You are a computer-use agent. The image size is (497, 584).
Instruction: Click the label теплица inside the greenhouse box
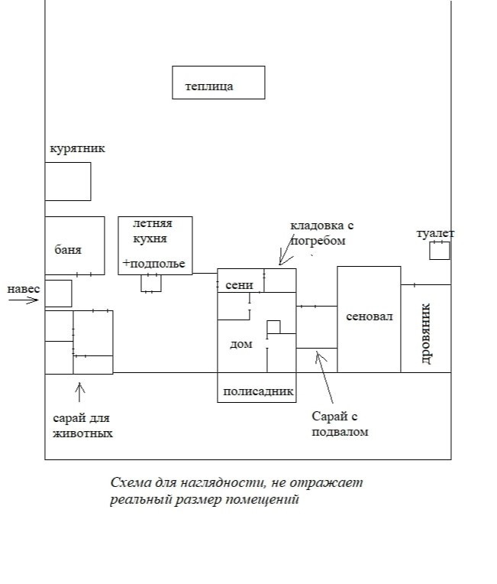coord(209,86)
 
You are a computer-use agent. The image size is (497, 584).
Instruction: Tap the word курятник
coord(77,149)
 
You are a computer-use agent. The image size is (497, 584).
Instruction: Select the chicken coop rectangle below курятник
coord(68,181)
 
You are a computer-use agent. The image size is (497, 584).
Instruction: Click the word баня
coord(68,250)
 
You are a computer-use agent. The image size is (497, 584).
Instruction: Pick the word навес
coord(23,289)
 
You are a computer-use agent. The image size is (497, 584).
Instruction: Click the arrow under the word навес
coord(23,300)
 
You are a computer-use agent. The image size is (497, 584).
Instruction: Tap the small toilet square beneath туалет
coord(439,250)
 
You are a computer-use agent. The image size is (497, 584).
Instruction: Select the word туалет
coord(435,233)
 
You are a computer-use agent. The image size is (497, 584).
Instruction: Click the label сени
coord(239,285)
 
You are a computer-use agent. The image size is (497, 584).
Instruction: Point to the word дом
coord(240,345)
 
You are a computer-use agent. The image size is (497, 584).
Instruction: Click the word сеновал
coord(369,316)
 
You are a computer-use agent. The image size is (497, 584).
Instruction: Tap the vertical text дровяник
coord(426,334)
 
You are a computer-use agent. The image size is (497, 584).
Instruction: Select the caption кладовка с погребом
coord(321,233)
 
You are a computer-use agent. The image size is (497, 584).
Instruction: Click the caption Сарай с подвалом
coord(340,423)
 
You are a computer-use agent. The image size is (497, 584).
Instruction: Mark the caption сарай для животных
coord(82,425)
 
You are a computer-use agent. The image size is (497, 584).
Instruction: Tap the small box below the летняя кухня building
coord(151,283)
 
